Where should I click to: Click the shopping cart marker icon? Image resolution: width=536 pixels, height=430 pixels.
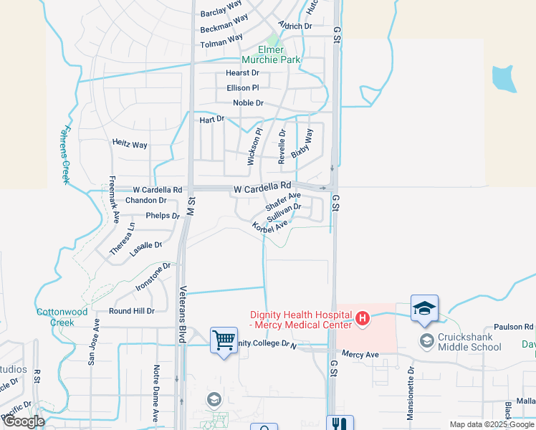224,339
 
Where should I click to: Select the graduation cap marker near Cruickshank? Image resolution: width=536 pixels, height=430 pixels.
424,307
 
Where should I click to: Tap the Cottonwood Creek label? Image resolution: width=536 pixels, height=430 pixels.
62,317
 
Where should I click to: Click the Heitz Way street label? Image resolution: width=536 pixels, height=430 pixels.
130,145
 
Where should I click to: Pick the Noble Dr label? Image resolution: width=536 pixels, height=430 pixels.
248,103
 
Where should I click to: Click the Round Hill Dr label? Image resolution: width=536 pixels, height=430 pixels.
131,311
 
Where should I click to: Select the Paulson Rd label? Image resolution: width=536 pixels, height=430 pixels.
503,327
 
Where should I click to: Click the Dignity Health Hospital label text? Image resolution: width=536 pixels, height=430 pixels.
301,319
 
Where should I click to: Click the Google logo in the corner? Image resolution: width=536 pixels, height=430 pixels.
23,421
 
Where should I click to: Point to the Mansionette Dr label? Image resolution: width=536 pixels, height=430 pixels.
411,393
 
